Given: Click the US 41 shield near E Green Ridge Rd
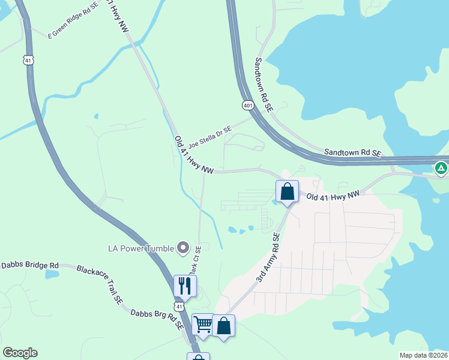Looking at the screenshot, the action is click(x=29, y=60).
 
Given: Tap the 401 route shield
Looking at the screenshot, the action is click(x=248, y=106).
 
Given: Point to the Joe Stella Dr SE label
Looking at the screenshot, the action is click(x=209, y=137).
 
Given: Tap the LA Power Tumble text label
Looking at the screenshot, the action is click(x=141, y=248).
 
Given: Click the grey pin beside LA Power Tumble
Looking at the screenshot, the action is click(x=183, y=248).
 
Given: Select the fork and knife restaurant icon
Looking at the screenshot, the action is click(x=185, y=286).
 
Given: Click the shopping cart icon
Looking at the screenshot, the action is click(x=203, y=325).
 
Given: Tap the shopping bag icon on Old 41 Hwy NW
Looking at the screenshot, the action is click(x=288, y=192).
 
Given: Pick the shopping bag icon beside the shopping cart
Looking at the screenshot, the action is click(x=223, y=326).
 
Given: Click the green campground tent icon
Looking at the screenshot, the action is click(x=441, y=168).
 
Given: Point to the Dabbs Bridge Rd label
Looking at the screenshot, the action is click(x=30, y=265).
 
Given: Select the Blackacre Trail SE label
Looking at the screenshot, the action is click(x=99, y=284).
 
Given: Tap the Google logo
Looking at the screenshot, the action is click(x=20, y=353).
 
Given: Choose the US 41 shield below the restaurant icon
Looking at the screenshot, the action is click(x=188, y=306).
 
